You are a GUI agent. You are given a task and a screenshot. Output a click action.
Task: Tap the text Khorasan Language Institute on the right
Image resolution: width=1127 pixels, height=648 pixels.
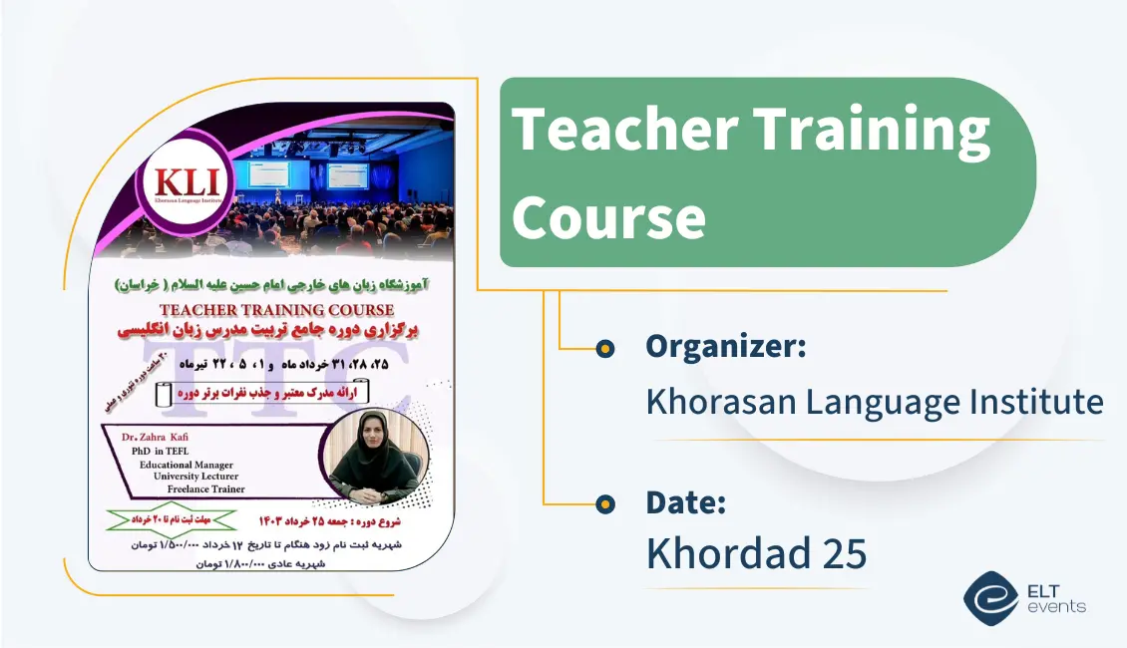[x=874, y=402]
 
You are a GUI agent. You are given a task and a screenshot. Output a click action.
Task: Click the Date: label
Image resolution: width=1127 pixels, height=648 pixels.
[x=685, y=502]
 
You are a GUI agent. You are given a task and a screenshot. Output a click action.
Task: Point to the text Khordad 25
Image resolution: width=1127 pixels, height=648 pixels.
[x=756, y=554]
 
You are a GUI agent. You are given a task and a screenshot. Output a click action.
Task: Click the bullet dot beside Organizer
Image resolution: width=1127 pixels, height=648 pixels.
[x=603, y=348]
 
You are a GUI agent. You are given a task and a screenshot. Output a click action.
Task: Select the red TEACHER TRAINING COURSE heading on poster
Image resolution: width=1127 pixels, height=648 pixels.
[x=276, y=311]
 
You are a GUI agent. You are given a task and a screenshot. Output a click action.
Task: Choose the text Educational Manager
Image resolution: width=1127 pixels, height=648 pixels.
[x=186, y=465]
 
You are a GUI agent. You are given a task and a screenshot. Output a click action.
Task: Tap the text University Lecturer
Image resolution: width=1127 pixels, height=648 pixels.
[x=195, y=477]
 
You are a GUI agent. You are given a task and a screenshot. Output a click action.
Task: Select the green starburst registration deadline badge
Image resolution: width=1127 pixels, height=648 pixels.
[x=172, y=519]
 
